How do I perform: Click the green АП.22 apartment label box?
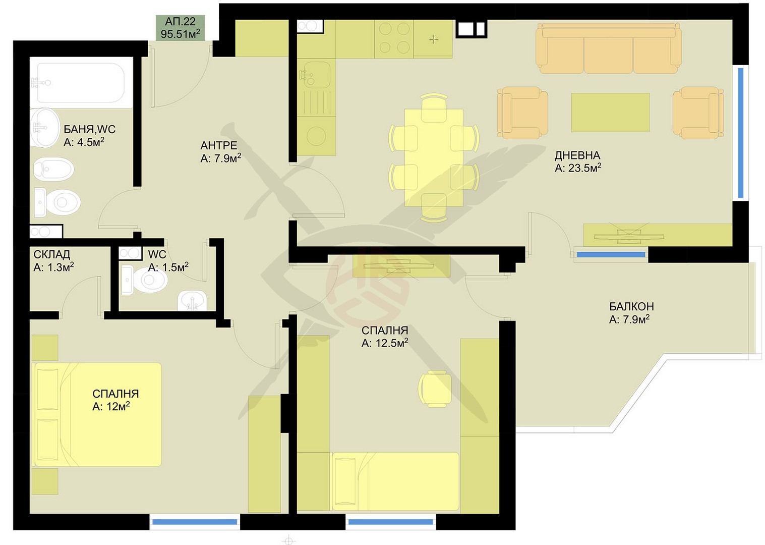[x=181, y=28]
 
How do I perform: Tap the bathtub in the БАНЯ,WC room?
[x=81, y=83]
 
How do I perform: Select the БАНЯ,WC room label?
[x=89, y=129]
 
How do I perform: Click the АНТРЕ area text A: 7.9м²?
[x=220, y=158]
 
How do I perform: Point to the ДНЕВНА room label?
[x=577, y=155]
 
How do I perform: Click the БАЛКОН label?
[x=631, y=306]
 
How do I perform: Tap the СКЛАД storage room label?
[x=52, y=254]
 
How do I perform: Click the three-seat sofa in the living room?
[x=609, y=48]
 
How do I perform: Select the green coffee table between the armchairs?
[x=610, y=113]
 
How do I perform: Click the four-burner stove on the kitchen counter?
[x=394, y=39]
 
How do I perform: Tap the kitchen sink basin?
[x=314, y=75]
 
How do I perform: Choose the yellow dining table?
[x=434, y=157]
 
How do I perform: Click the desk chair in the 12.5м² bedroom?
[x=434, y=389]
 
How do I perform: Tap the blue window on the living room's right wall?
[x=740, y=133]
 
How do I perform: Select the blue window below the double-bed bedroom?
[x=195, y=522]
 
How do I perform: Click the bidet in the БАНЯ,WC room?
[x=53, y=169]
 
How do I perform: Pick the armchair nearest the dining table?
[x=522, y=113]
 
